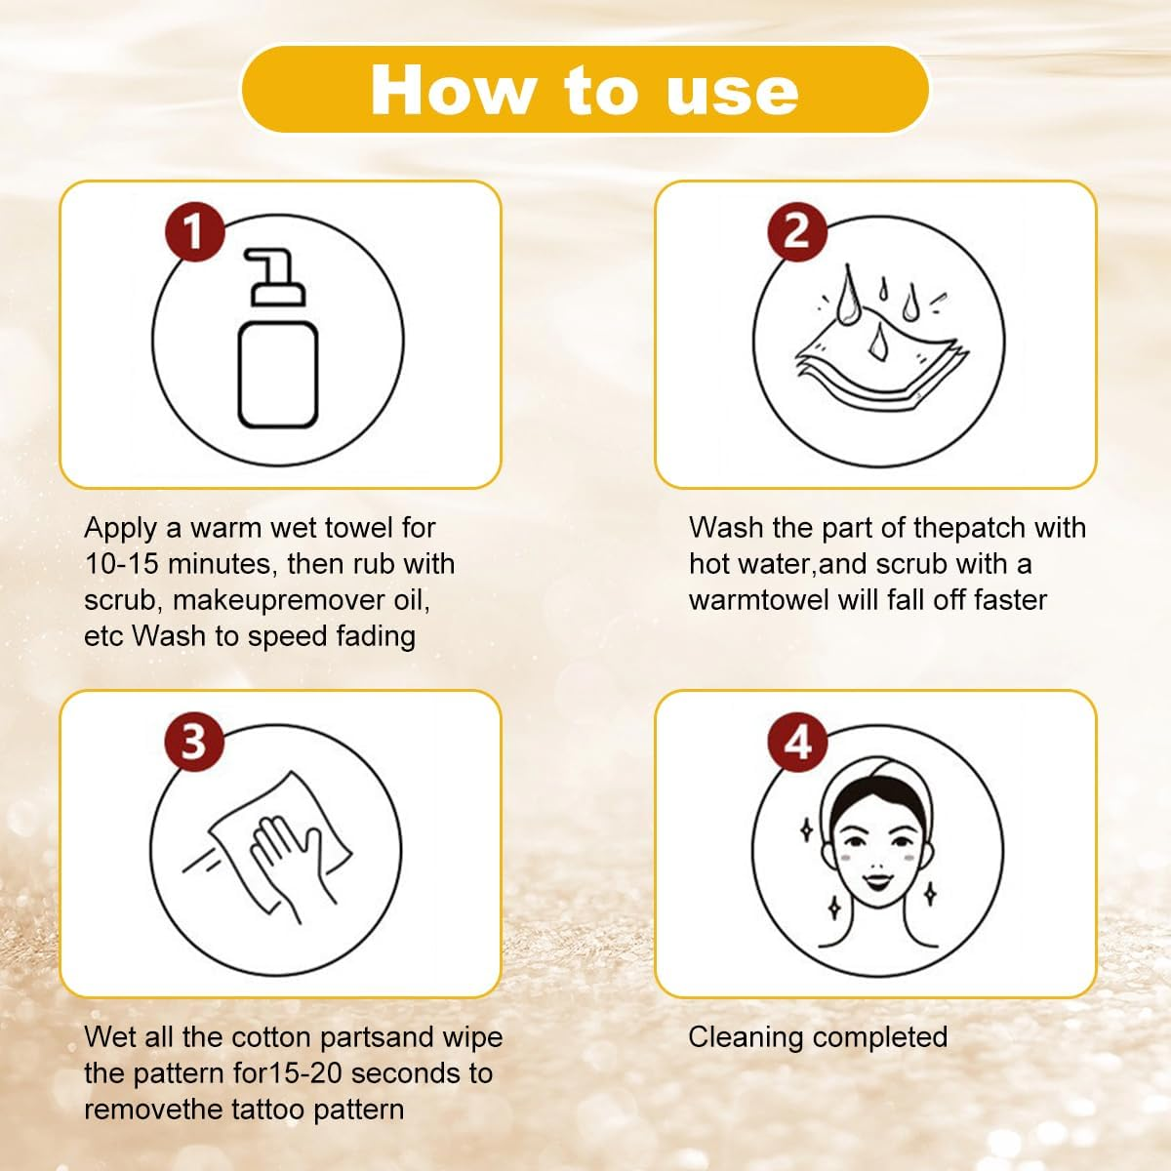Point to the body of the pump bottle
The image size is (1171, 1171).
278,376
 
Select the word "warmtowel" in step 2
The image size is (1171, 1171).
758,600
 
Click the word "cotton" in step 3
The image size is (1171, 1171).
274,1037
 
